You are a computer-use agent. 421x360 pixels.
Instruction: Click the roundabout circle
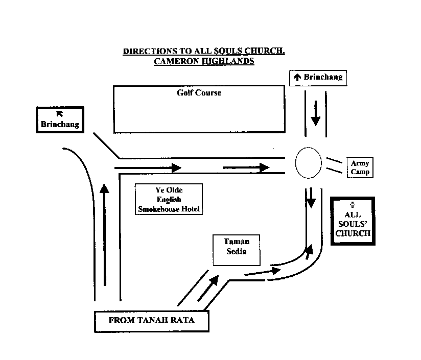pos(296,162)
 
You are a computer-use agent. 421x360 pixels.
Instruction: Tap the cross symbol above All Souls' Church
pos(353,205)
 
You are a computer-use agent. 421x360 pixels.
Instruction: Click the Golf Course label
pos(199,93)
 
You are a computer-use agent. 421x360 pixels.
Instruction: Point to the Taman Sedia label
pos(237,246)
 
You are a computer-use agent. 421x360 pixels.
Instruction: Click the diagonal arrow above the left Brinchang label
pos(60,114)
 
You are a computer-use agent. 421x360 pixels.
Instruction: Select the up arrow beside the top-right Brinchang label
pos(297,77)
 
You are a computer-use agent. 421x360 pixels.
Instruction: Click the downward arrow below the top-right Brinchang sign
pos(316,113)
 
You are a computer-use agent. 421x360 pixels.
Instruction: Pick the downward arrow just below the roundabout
pos(311,198)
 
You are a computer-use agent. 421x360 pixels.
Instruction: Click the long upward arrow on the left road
pos(104,235)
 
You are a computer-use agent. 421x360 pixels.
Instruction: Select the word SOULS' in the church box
pos(353,224)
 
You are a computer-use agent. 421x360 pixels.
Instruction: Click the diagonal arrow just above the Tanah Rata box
pos(208,288)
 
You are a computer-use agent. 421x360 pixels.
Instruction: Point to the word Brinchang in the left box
pos(60,125)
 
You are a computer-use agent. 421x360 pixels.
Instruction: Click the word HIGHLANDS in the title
pos(228,61)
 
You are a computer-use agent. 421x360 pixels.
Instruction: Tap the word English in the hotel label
pos(169,200)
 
